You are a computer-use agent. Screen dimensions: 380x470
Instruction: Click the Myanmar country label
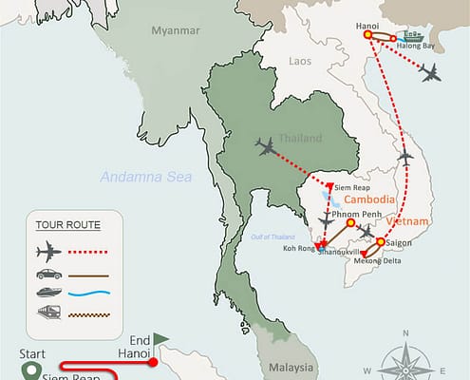174,30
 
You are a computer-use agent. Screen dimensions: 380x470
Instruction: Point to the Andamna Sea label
144,175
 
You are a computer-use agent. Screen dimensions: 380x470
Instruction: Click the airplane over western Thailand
267,146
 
